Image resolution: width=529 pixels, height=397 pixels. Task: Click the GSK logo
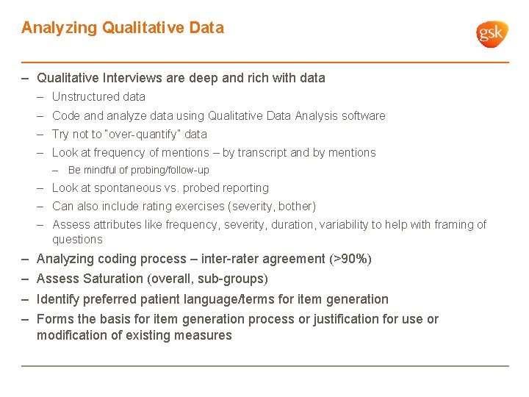[x=492, y=34]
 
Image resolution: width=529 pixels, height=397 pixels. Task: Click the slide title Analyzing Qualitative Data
[x=123, y=28]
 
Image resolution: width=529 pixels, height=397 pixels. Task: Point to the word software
[x=362, y=116]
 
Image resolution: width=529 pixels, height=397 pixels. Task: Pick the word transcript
[x=262, y=153]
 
